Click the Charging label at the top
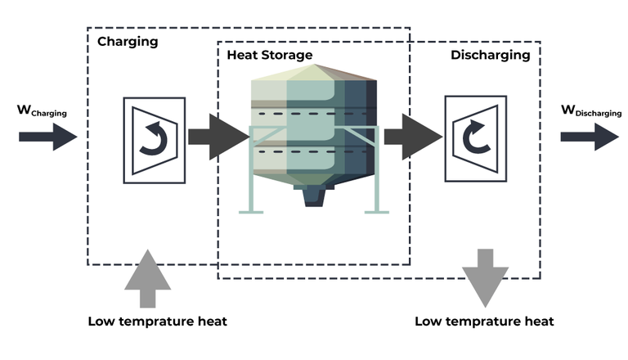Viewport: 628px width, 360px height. (128, 41)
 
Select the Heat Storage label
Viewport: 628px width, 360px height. (270, 56)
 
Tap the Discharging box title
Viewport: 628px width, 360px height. (490, 56)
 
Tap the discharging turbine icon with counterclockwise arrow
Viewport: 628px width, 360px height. (472, 138)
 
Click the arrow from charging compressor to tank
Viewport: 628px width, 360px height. (218, 137)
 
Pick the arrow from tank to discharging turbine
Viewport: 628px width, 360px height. (412, 137)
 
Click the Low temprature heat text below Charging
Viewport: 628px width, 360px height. (157, 321)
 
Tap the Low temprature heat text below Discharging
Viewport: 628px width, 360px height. (484, 321)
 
